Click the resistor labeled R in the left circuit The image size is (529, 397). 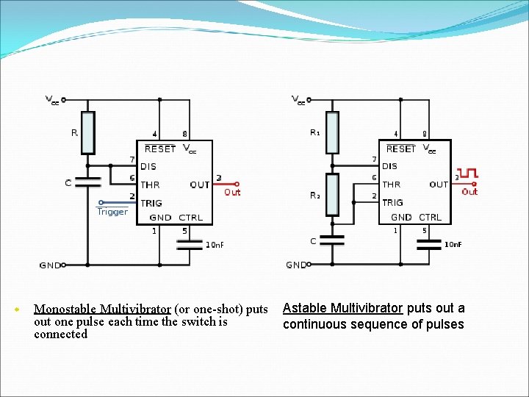click(87, 132)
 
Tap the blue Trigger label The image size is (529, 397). click(112, 212)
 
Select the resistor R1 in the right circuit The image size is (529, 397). click(332, 132)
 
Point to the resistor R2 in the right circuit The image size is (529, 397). click(332, 195)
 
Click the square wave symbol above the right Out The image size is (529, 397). click(467, 174)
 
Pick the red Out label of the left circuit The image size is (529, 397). click(232, 192)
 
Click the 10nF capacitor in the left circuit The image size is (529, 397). click(190, 245)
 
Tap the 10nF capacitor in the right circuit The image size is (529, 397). click(430, 245)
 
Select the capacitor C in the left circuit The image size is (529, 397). click(87, 181)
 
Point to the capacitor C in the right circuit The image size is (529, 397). click(332, 240)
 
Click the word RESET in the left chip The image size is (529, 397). click(160, 149)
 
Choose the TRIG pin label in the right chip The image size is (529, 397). click(392, 202)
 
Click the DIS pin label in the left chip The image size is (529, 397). click(148, 166)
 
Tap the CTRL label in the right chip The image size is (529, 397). click(431, 217)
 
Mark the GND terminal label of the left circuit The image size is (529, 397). click(49, 265)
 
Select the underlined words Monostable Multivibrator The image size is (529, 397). click(102, 309)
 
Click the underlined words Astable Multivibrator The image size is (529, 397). click(342, 308)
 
